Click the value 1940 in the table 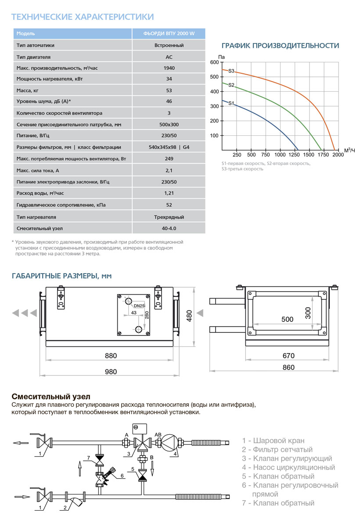point(169,68)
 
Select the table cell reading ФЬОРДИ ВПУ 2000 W point(169,34)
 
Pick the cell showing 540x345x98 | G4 point(169,147)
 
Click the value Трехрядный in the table point(169,217)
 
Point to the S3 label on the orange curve point(231,71)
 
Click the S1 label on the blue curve point(231,103)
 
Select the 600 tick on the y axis point(214,62)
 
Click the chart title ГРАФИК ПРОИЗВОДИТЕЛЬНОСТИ point(280,46)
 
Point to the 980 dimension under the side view point(111,372)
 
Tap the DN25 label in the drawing point(139,306)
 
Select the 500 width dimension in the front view point(287,319)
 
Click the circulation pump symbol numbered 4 point(169,442)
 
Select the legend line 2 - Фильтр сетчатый point(277,450)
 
